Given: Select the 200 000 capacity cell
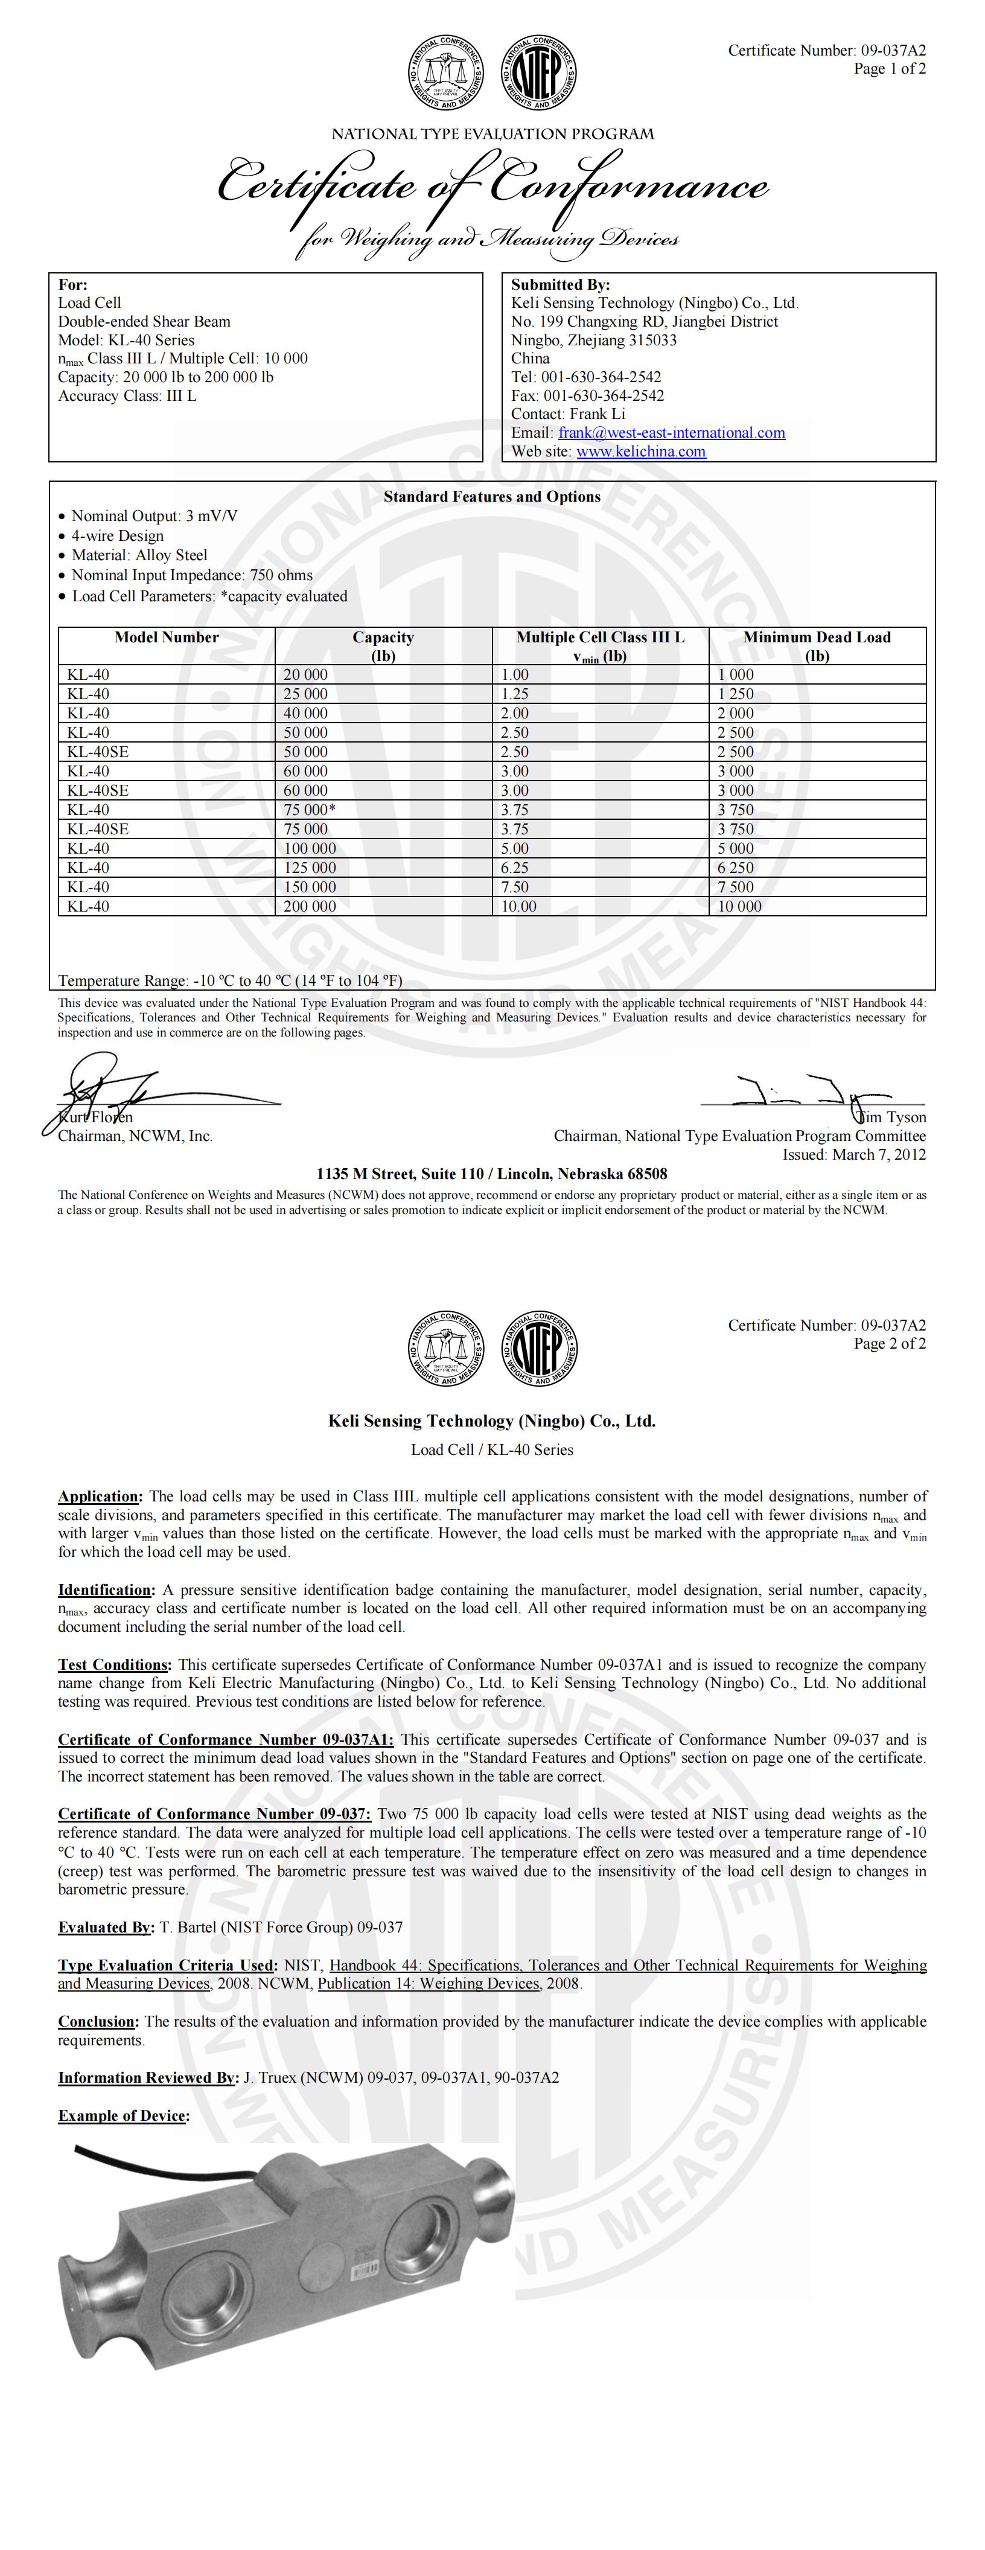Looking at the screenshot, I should tap(310, 906).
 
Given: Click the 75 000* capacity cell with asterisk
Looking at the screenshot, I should tap(312, 810).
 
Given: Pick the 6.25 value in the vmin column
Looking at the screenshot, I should tap(515, 867).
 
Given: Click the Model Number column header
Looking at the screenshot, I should tap(167, 637).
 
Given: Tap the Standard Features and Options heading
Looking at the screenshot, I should tap(492, 497).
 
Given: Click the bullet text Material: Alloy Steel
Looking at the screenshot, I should tap(139, 555).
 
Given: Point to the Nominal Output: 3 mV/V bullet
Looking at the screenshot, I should tap(155, 516).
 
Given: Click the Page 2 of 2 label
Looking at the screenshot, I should tap(890, 1343).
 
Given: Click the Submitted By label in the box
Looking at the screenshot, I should tap(560, 284).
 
